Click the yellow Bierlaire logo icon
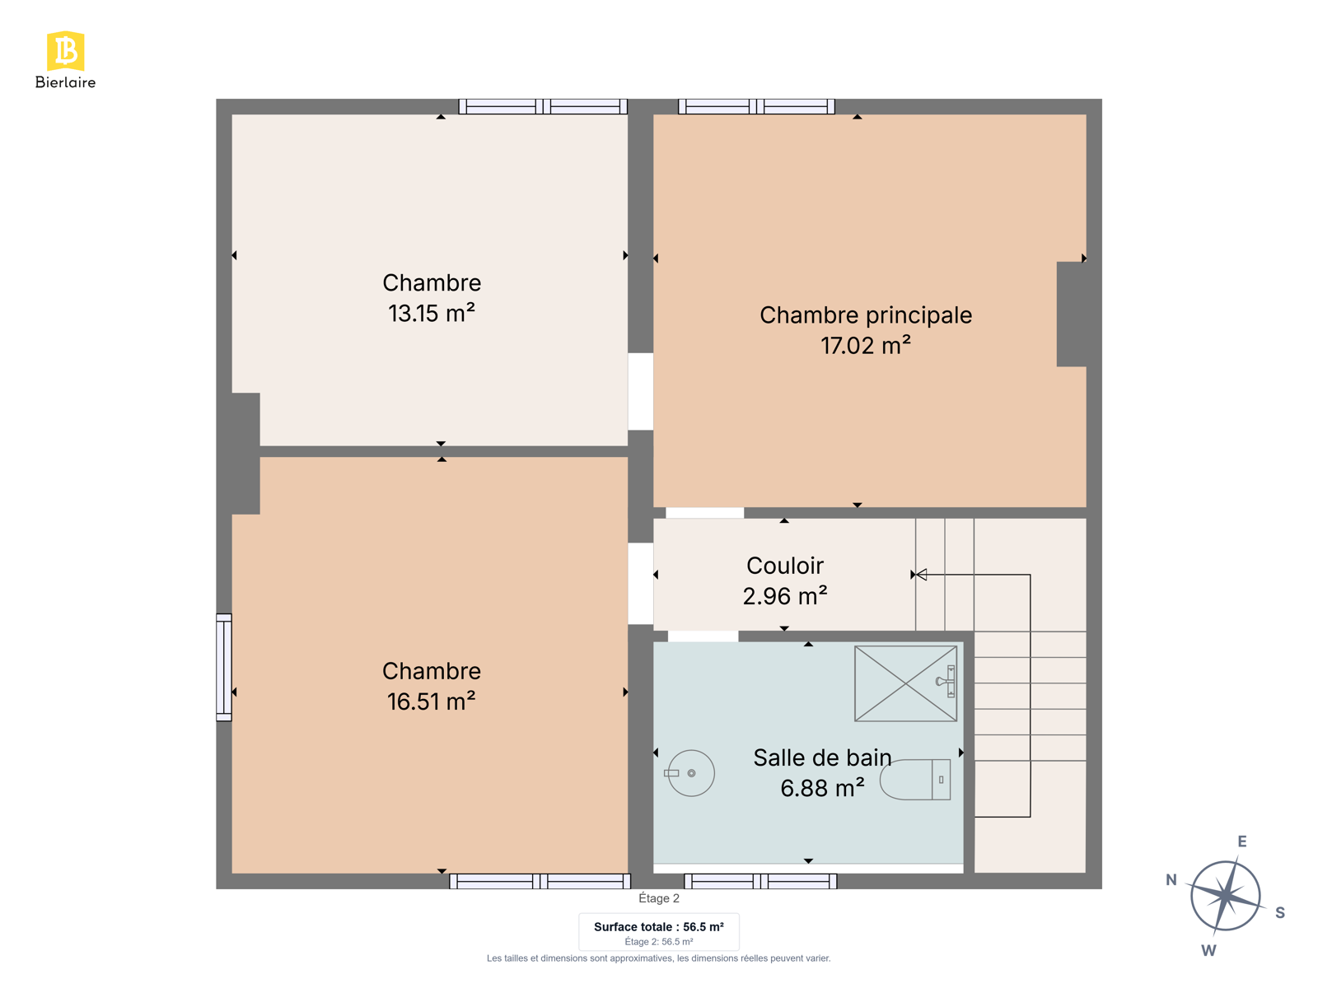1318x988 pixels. coord(65,51)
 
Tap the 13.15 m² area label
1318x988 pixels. coord(431,313)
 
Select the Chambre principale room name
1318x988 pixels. coord(865,315)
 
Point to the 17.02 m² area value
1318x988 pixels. coord(865,346)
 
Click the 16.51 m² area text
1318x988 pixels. coord(431,701)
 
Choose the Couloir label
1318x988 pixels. coord(785,566)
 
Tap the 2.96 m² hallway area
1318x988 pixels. coord(785,596)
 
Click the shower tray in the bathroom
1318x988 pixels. coord(905,683)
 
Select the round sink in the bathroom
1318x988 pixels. coord(690,773)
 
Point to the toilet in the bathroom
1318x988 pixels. coord(915,779)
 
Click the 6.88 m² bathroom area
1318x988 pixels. coord(822,788)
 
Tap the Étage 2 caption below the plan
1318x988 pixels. coord(659,898)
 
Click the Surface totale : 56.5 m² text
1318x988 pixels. coord(659,927)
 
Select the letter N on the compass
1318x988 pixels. coord(1171,880)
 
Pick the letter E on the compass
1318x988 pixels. coord(1241,841)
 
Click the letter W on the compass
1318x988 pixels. coord(1208,951)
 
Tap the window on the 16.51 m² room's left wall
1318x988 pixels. coord(224,667)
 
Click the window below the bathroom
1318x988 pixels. coord(760,881)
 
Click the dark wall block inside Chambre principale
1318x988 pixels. coord(1071,314)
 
